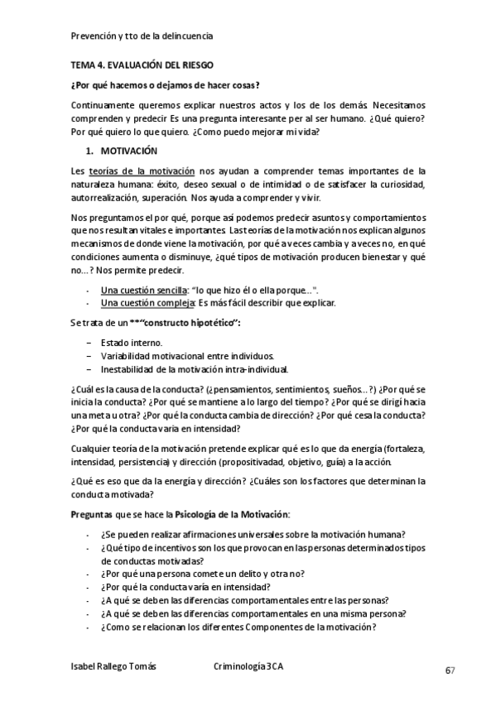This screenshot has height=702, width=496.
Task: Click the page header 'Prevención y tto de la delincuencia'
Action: click(142, 36)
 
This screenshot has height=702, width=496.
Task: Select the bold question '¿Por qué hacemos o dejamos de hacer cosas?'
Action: click(165, 84)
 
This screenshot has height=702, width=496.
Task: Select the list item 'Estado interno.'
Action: click(132, 342)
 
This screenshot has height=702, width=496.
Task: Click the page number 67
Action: click(450, 670)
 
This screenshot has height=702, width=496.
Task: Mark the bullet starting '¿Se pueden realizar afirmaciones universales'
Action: click(258, 534)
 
